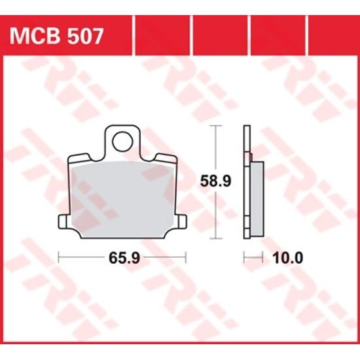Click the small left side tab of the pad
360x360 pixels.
point(63,222)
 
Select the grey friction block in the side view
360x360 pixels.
point(257,200)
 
